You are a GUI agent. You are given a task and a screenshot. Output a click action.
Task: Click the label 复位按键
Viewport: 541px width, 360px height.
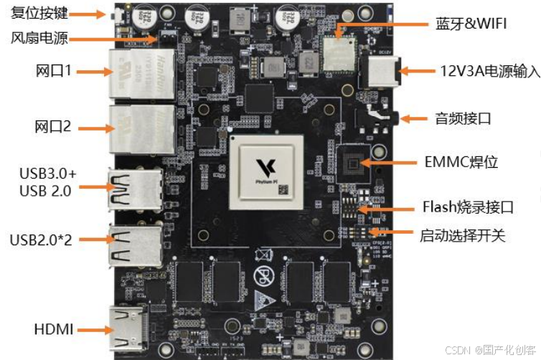[40, 14]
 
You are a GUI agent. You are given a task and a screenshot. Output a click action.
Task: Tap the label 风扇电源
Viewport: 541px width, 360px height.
[40, 38]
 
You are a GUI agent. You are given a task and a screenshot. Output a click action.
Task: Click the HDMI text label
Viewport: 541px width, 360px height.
[53, 330]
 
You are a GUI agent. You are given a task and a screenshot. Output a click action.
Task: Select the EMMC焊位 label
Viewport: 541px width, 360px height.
[460, 161]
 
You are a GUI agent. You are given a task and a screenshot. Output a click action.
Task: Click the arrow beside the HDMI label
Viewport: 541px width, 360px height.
[93, 330]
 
